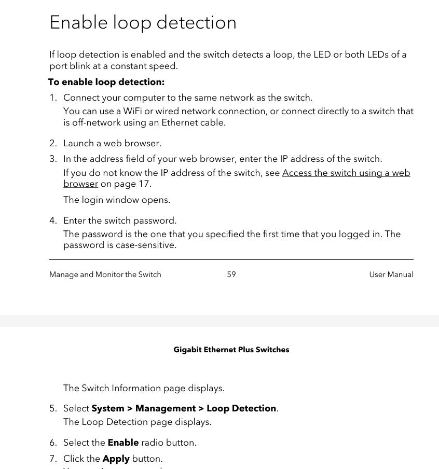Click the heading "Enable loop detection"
pyautogui.click(x=143, y=23)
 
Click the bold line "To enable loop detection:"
pyautogui.click(x=106, y=82)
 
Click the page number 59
pyautogui.click(x=231, y=274)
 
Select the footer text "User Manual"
pyautogui.click(x=391, y=274)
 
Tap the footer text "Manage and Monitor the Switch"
pyautogui.click(x=105, y=274)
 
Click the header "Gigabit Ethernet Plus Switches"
pyautogui.click(x=231, y=350)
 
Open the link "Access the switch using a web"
pyautogui.click(x=346, y=173)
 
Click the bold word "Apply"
pyautogui.click(x=116, y=459)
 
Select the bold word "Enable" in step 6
pyautogui.click(x=123, y=443)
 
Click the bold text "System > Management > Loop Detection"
pyautogui.click(x=184, y=408)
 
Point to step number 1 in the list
pyautogui.click(x=53, y=98)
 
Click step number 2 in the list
pyautogui.click(x=53, y=143)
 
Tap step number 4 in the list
pyautogui.click(x=53, y=220)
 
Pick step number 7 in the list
pyautogui.click(x=53, y=459)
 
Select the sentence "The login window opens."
pyautogui.click(x=117, y=200)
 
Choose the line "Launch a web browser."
pyautogui.click(x=112, y=143)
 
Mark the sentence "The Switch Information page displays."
pyautogui.click(x=144, y=388)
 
